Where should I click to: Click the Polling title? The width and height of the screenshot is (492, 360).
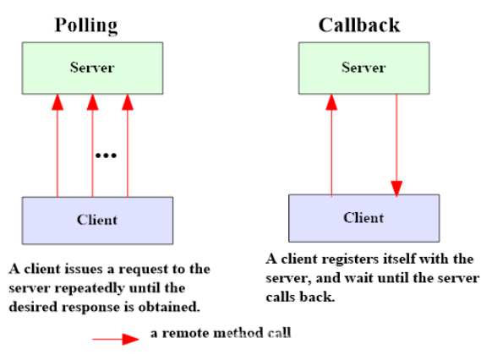point(86,25)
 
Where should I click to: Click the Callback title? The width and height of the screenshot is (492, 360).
point(359,25)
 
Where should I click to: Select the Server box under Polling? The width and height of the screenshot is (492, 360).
point(92,68)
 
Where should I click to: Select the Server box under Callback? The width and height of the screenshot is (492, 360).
point(364,68)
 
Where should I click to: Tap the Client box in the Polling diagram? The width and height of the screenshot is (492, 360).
point(97,221)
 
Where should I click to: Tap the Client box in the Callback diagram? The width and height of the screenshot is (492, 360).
point(364,218)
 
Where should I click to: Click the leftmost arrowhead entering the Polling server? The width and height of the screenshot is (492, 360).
point(57,102)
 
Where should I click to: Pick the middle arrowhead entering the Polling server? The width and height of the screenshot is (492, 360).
point(92,102)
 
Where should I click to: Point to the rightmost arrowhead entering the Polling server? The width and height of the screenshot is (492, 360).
point(128,102)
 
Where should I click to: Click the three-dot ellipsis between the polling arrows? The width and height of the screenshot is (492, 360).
point(106,155)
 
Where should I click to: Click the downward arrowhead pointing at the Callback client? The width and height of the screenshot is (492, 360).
point(396,188)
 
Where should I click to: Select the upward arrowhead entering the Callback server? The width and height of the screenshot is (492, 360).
point(331,102)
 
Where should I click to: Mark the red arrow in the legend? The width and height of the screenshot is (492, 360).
point(116,339)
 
